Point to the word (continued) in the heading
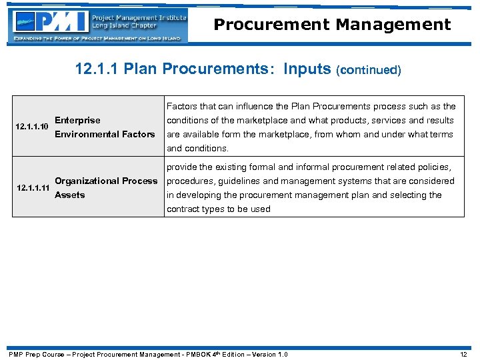[x=370, y=70]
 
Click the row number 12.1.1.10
[x=31, y=127]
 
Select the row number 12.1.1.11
[x=33, y=188]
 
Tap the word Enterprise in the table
[x=77, y=120]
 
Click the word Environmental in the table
[x=86, y=134]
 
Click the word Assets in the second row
[x=69, y=195]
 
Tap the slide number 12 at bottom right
[x=463, y=354]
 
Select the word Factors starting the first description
[x=181, y=106]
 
